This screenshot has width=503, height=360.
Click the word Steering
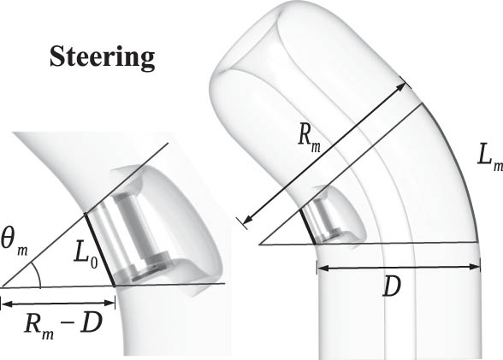point(102,56)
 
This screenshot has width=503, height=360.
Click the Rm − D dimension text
point(56,324)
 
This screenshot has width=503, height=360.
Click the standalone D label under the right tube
point(392,287)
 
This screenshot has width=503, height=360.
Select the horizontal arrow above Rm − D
point(57,300)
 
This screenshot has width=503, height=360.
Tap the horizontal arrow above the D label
point(398,266)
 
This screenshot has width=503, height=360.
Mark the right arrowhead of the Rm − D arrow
point(110,300)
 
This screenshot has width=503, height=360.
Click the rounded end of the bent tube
point(257,43)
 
